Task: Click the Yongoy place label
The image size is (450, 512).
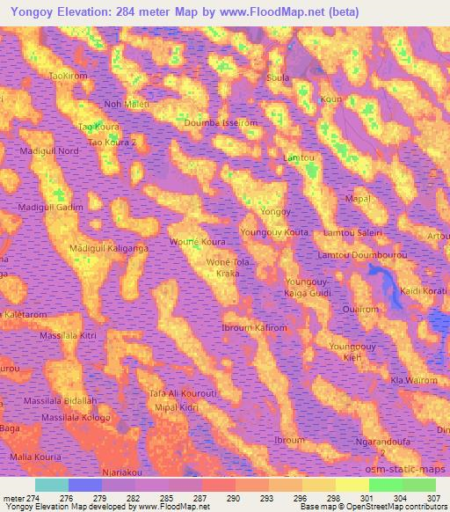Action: [274, 213]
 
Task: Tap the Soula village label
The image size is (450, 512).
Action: [279, 77]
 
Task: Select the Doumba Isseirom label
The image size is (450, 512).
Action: [220, 123]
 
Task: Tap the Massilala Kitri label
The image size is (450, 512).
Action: [68, 337]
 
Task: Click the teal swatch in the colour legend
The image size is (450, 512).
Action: [52, 485]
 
